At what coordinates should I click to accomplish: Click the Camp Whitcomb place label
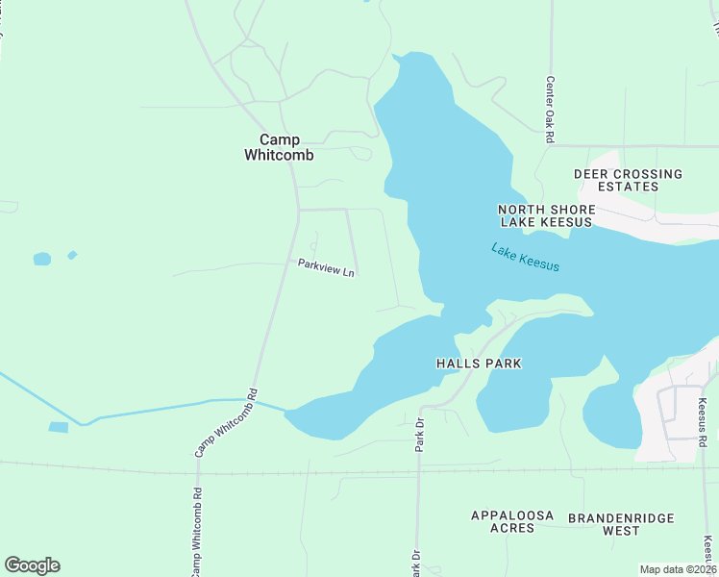click(279, 147)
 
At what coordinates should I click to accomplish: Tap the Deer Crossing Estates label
click(628, 180)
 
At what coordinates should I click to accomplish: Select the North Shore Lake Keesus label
click(546, 215)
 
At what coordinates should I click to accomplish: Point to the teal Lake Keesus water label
click(525, 257)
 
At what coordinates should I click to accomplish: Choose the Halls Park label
click(479, 364)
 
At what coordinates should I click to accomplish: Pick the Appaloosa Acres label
click(512, 522)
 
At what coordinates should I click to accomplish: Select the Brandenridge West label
click(621, 523)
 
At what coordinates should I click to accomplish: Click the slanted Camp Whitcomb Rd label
click(227, 422)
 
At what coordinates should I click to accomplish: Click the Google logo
click(32, 565)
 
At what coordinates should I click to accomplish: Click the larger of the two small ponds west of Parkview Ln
click(41, 259)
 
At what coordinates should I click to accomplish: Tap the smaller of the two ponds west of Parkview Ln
click(72, 255)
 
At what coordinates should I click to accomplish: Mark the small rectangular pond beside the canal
click(58, 427)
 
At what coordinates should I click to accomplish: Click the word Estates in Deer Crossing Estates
click(628, 187)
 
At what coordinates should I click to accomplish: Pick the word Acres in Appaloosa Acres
click(512, 530)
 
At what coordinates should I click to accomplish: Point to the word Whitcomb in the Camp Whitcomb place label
click(279, 155)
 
